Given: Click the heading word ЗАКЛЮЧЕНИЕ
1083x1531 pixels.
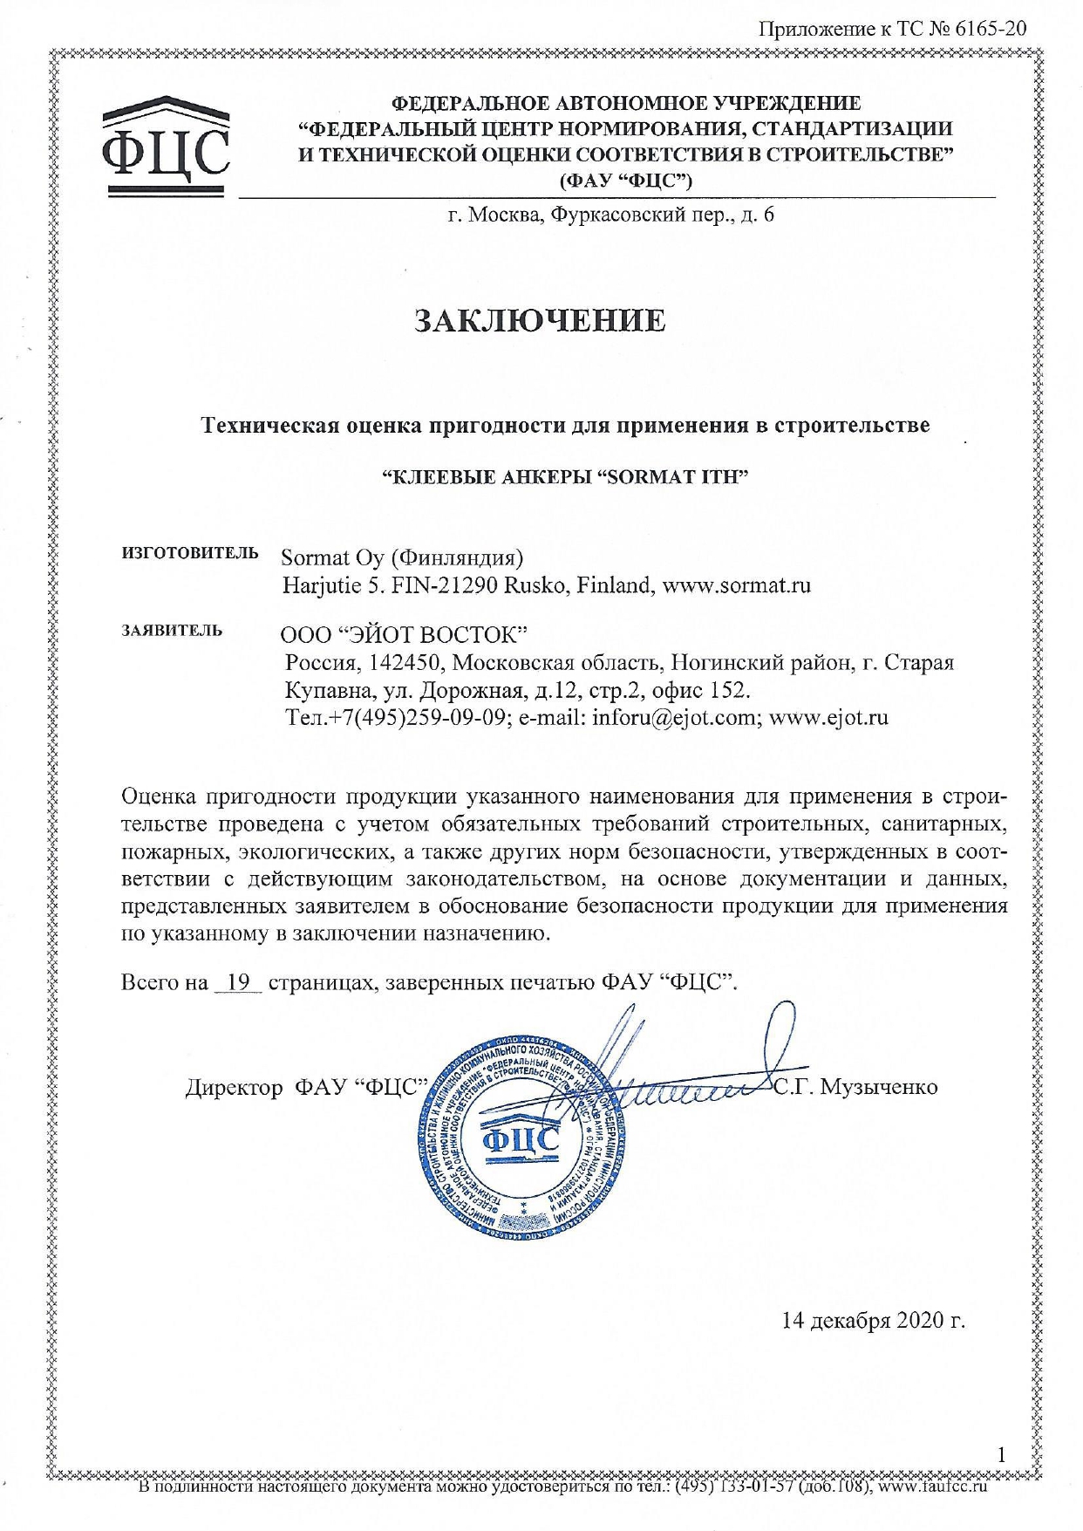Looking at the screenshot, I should coord(540,320).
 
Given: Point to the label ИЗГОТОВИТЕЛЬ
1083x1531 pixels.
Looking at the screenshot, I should coord(190,552).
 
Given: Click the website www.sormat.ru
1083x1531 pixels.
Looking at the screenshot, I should coord(737,584).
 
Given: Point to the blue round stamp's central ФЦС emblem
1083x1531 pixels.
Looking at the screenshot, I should coord(521,1139).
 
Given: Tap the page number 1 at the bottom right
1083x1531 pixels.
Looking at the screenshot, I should coord(1002,1454).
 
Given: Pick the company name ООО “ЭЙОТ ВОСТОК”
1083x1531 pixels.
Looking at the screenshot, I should coord(405,632).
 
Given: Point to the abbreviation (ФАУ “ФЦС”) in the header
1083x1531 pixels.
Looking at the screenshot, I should coord(626,181).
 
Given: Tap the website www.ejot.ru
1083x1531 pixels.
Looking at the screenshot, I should coord(828,718).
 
